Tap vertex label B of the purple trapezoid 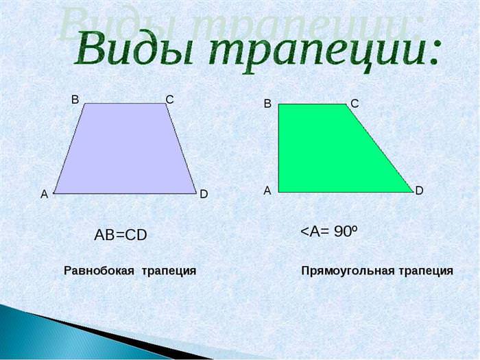coord(75,99)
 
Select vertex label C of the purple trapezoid coord(169,99)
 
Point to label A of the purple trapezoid coord(45,194)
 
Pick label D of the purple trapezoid coord(204,194)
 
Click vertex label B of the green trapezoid coord(267,104)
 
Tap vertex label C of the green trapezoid coord(355,104)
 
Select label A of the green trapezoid coord(267,191)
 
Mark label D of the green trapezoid coord(419,191)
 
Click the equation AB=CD coord(121,235)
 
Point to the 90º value coord(346,231)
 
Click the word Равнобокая coord(99,271)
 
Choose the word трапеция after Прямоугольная coord(426,272)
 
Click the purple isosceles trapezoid coord(125,149)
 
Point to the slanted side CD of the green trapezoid coord(380,148)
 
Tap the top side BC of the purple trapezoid coord(125,104)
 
